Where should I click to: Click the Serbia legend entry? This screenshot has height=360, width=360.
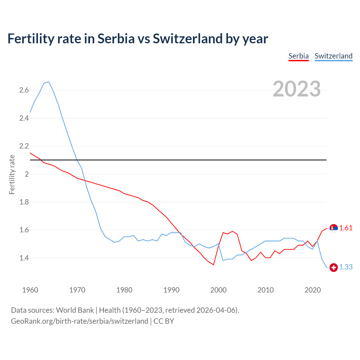[x=298, y=56]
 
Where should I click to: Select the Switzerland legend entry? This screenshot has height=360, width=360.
[x=333, y=56]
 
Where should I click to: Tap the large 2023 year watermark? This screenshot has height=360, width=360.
[x=296, y=89]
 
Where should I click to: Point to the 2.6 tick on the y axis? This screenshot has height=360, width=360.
[x=24, y=90]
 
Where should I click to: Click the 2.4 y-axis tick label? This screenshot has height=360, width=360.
[x=24, y=118]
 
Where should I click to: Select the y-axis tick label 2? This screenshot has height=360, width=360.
[x=27, y=174]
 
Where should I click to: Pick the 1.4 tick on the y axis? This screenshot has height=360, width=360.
[x=24, y=258]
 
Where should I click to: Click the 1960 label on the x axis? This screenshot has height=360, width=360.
[x=30, y=290]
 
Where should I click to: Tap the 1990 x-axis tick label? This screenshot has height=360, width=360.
[x=171, y=290]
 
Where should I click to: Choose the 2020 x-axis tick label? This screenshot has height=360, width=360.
[x=312, y=290]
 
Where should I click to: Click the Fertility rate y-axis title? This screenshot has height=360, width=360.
[x=12, y=174]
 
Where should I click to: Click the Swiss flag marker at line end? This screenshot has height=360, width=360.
[x=334, y=267]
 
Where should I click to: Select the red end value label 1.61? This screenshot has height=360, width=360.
[x=346, y=228]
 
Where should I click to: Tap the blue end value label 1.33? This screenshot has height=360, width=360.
[x=346, y=267]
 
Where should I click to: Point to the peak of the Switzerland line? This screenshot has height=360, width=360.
[x=49, y=82]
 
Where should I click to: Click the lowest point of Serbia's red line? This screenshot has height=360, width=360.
[x=213, y=265]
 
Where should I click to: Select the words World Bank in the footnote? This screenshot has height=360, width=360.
[x=75, y=310]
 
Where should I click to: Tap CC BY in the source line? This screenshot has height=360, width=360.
[x=164, y=321]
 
